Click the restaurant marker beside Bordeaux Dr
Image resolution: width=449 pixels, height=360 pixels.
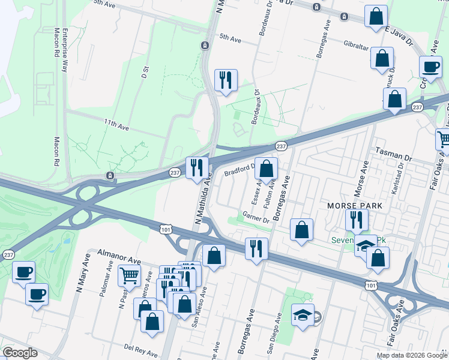tap(226, 80)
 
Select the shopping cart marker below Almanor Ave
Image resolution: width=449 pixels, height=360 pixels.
tap(130, 275)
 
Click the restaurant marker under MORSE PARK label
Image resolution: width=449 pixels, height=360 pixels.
tap(357, 220)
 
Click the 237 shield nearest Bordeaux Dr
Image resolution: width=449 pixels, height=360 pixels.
tap(281, 146)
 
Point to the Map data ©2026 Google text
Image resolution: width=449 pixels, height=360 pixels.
tap(412, 355)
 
